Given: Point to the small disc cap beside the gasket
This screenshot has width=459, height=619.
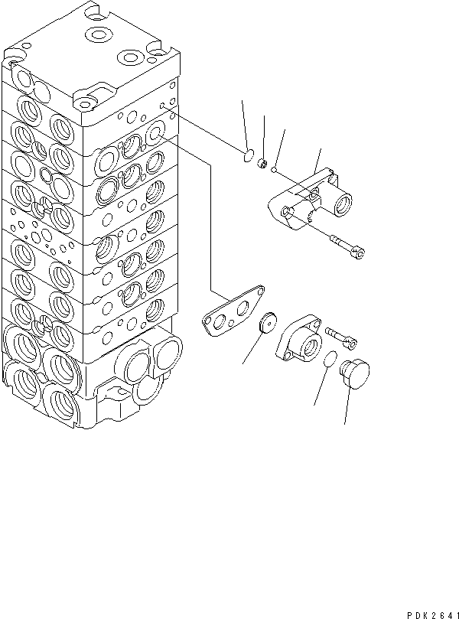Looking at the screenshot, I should coord(269,324).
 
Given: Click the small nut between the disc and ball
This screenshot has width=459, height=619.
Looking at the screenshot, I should coord(261,162).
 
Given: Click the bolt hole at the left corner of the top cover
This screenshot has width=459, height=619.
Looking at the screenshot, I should coord(14,55).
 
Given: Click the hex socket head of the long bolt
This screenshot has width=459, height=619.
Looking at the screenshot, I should coord(358,249).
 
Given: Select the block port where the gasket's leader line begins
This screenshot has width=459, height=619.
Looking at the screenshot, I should coord(155,135).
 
